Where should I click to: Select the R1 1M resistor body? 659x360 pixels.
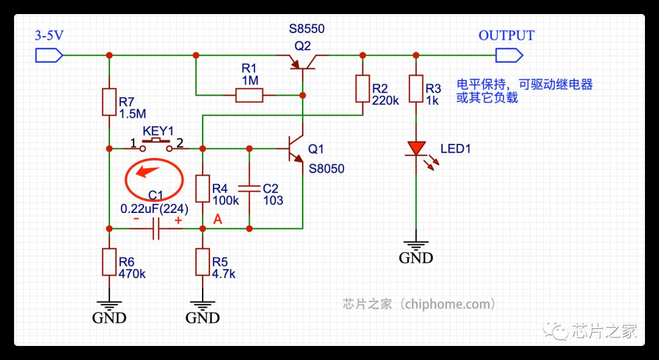pyautogui.click(x=249, y=95)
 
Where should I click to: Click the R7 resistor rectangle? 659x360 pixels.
pyautogui.click(x=109, y=102)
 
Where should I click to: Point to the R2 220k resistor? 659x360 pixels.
pyautogui.click(x=362, y=88)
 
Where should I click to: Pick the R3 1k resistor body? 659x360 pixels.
pyautogui.click(x=416, y=88)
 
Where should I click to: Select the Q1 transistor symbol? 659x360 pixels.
pyautogui.click(x=296, y=149)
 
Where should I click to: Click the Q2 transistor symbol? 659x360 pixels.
pyautogui.click(x=303, y=62)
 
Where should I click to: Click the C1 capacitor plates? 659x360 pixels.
pyautogui.click(x=156, y=229)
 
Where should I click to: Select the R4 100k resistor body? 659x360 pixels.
pyautogui.click(x=203, y=189)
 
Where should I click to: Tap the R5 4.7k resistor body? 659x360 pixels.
pyautogui.click(x=203, y=262)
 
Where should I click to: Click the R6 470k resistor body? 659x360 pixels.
pyautogui.click(x=109, y=262)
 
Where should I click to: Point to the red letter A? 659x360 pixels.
pyautogui.click(x=217, y=219)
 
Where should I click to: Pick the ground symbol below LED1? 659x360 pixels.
pyautogui.click(x=416, y=246)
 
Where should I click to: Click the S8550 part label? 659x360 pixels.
pyautogui.click(x=307, y=29)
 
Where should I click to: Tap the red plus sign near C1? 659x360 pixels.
pyautogui.click(x=178, y=220)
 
